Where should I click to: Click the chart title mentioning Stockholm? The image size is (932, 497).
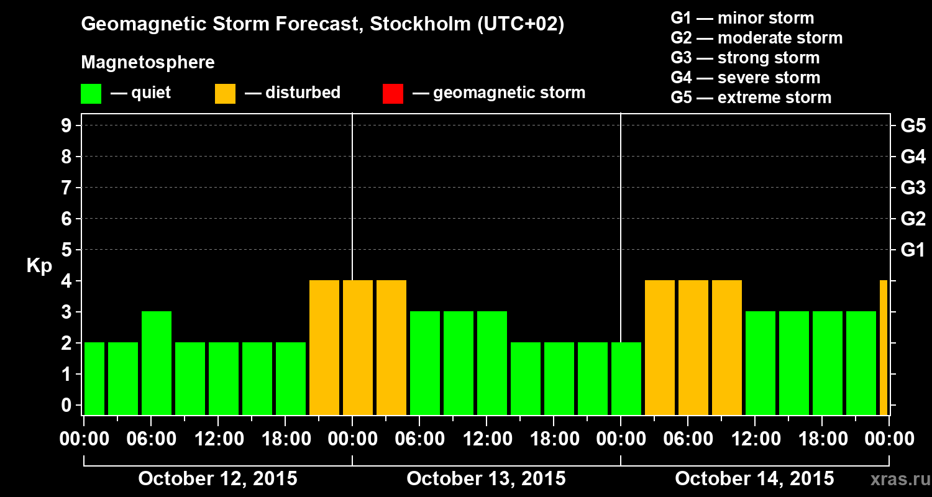(x=322, y=25)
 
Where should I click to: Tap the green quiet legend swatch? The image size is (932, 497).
(x=91, y=94)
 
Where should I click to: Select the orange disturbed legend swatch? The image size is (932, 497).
(x=225, y=94)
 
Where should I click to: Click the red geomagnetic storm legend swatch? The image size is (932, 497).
(x=393, y=94)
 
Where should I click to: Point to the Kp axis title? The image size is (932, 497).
(x=39, y=266)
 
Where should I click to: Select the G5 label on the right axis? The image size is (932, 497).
(x=913, y=126)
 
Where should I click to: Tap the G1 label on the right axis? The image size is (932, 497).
(x=913, y=250)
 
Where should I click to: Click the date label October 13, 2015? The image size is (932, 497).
(x=486, y=479)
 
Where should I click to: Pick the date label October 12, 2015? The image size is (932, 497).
(x=217, y=479)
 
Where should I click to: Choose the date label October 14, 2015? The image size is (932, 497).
(x=754, y=479)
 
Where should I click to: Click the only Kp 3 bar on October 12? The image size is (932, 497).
(x=157, y=363)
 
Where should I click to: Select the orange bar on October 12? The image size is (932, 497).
(x=324, y=348)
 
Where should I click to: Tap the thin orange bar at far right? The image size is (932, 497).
(x=884, y=348)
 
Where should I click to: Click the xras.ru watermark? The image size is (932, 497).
(x=894, y=480)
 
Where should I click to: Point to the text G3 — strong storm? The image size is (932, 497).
(x=745, y=58)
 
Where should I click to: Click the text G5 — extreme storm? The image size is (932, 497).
(x=751, y=98)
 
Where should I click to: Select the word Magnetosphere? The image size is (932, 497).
(x=148, y=63)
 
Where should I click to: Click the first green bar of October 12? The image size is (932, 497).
(x=94, y=378)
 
